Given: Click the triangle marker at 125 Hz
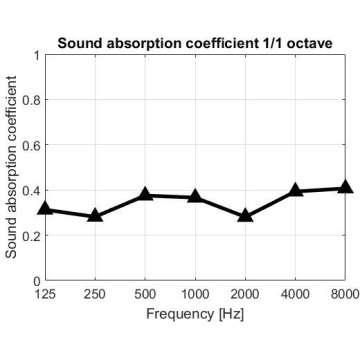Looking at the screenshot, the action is [46, 208].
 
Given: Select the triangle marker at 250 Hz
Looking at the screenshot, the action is [95, 216].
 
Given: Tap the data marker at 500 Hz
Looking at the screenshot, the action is [145, 194].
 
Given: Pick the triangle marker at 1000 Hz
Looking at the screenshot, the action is [195, 196].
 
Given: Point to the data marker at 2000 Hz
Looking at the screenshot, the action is [245, 216].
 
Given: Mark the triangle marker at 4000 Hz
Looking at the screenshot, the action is [295, 190].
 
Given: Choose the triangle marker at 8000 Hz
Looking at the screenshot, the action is [345, 187].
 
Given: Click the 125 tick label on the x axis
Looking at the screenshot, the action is [45, 294].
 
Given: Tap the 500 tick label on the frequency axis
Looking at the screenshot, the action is [145, 294].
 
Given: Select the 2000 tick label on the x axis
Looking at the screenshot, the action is [245, 294].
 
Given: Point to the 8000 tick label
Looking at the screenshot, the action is [345, 294].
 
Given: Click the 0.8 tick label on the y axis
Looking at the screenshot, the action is [31, 100].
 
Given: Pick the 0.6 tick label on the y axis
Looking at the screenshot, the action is [31, 145].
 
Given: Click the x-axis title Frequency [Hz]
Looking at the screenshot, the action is [195, 314].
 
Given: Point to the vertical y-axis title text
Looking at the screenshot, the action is [11, 167].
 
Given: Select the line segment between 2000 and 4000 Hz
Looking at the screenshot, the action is [270, 203].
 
